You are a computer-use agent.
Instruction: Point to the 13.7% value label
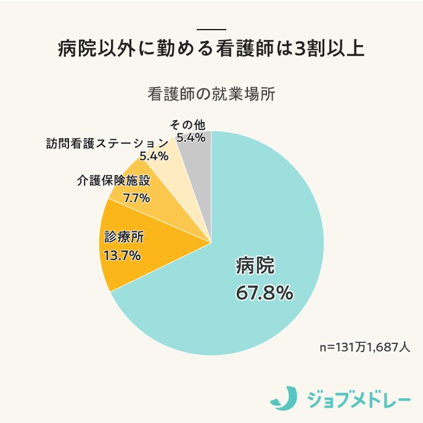tap(122, 255)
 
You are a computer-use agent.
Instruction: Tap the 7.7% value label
tap(136, 198)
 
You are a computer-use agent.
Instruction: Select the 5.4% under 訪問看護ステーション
tap(154, 156)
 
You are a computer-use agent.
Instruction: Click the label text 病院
tap(255, 266)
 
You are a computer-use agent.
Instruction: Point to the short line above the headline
tap(211, 30)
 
